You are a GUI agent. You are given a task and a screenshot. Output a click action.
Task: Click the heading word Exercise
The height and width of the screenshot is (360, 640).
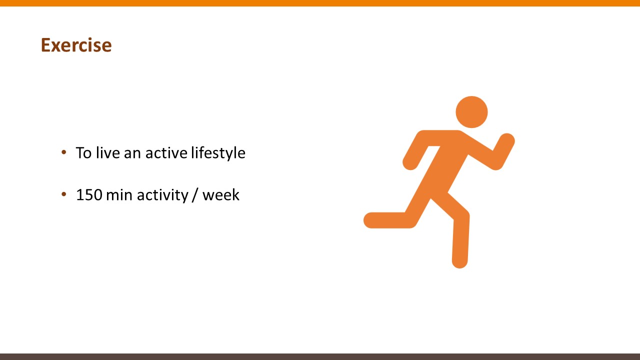point(76,45)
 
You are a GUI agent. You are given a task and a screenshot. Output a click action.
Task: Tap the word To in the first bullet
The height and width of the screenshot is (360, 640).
point(83,153)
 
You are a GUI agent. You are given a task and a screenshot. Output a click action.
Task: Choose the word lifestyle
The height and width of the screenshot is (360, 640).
point(218,153)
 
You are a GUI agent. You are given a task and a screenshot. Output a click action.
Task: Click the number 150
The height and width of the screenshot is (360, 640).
point(89,195)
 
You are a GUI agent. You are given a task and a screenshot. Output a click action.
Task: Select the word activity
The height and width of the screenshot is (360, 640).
point(162,195)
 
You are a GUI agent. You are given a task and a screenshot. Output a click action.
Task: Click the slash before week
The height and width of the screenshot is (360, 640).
point(195,195)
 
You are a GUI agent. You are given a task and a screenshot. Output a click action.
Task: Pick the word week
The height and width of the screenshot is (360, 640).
point(221,195)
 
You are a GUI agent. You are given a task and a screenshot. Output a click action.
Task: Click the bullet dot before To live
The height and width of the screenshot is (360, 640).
point(64,152)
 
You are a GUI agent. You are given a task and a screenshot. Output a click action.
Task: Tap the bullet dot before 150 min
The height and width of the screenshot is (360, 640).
point(64,194)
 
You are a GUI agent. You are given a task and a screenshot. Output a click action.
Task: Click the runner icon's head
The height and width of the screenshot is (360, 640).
point(471,112)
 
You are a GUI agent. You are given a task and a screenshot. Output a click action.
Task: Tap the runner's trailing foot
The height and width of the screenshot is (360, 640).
point(372,220)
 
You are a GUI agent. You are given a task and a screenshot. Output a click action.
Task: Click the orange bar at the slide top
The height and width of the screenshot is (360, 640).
point(320,3)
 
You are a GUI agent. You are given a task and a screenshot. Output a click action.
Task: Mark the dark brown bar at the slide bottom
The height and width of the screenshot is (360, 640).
point(320,356)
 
